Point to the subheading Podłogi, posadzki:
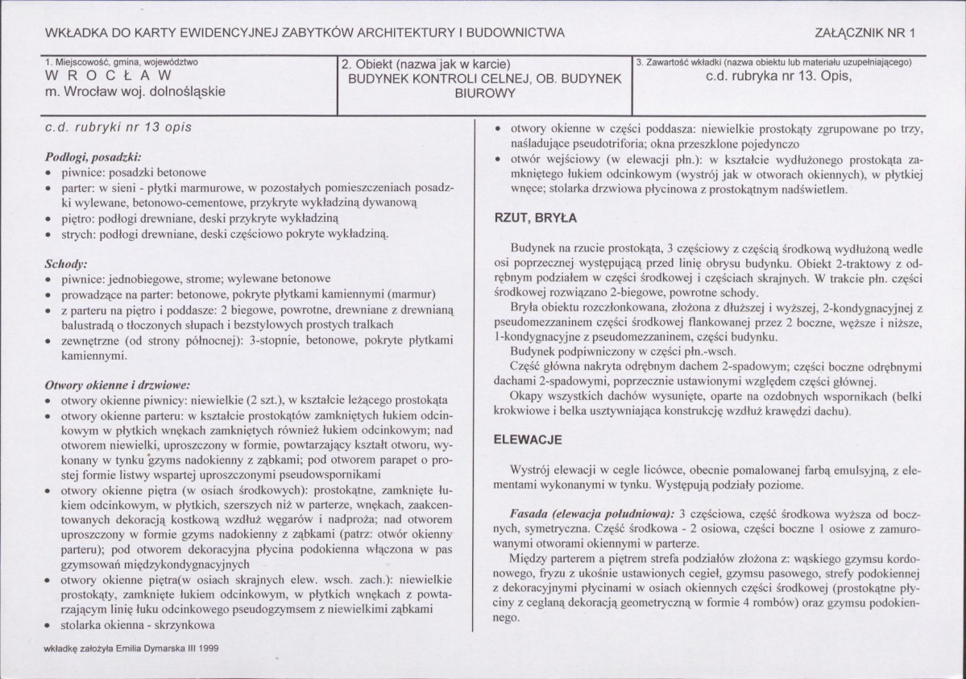93,156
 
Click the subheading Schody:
66,264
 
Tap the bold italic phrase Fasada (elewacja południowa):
593,513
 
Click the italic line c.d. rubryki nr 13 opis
119,127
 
